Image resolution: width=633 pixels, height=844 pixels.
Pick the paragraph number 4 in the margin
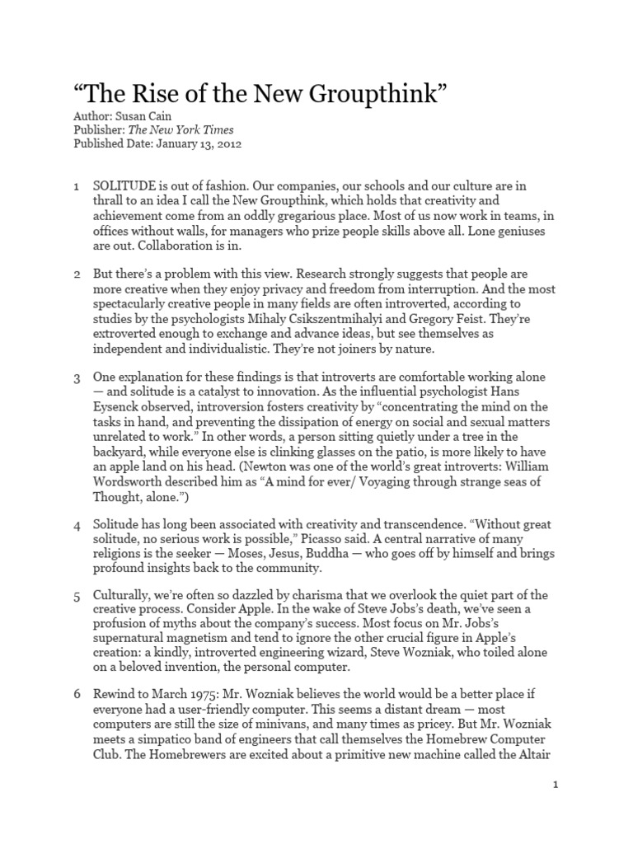point(76,525)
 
